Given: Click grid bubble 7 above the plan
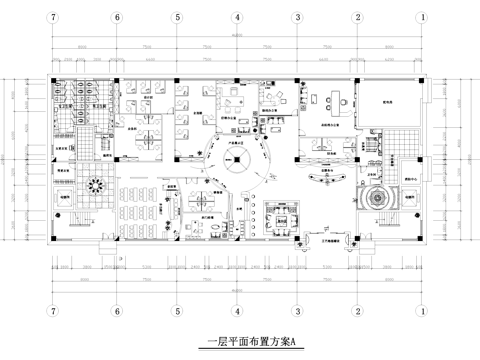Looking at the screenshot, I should click(x=54, y=18).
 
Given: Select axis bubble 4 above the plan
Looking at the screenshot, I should click(x=236, y=18).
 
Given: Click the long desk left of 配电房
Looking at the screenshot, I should click(x=329, y=99).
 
